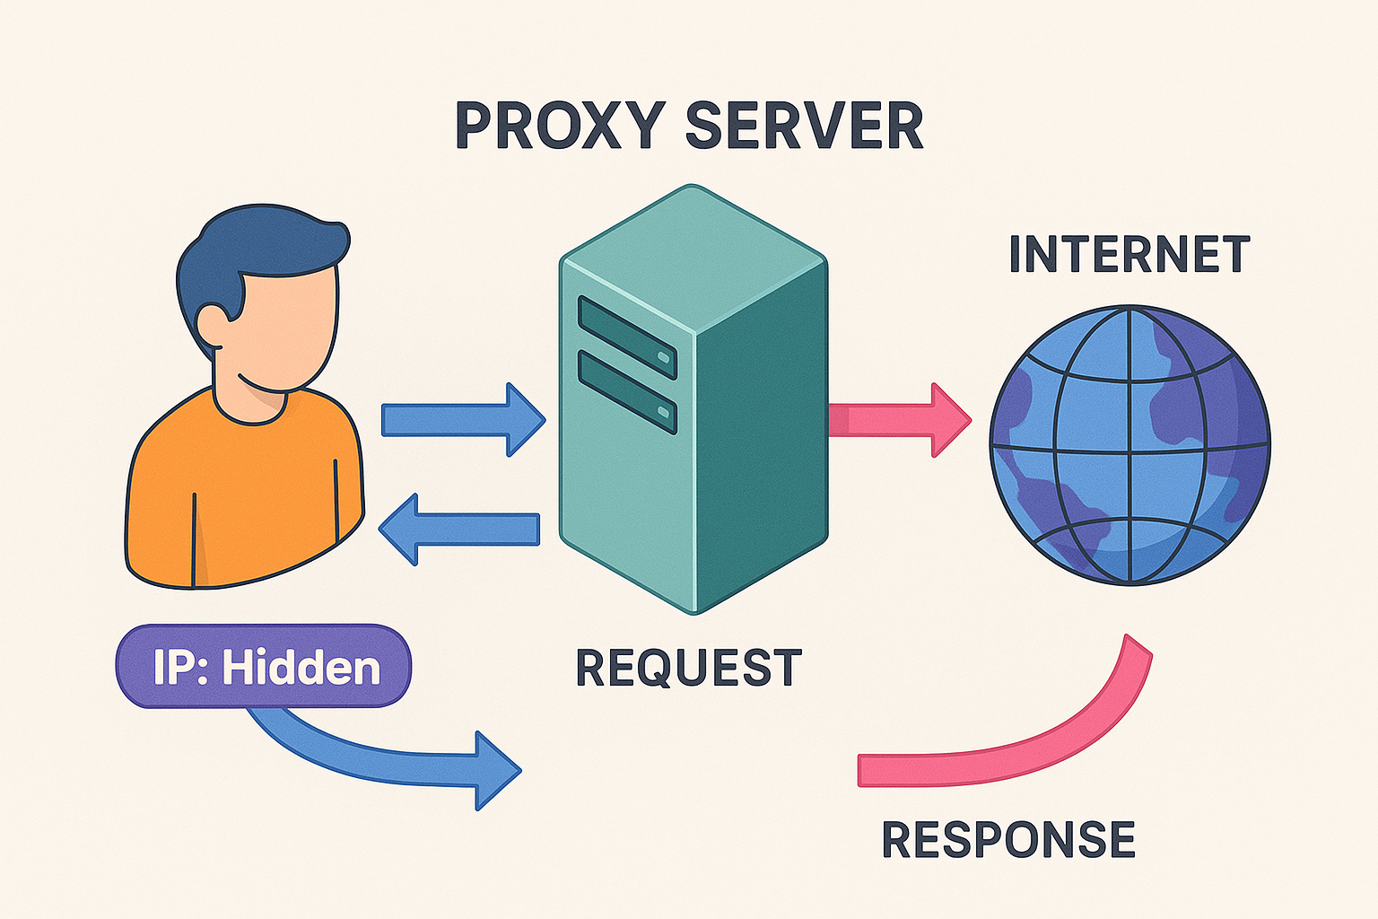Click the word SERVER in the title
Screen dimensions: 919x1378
pyautogui.click(x=804, y=126)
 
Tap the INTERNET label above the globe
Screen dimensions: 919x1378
pyautogui.click(x=1129, y=254)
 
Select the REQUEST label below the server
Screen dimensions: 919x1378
pyautogui.click(x=688, y=669)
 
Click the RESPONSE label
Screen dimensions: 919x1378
pyautogui.click(x=1008, y=840)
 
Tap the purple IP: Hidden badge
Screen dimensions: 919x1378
pyautogui.click(x=263, y=667)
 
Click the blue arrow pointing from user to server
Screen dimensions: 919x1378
pyautogui.click(x=462, y=419)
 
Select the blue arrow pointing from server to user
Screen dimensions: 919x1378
pyautogui.click(x=459, y=529)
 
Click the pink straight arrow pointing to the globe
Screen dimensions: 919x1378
pyautogui.click(x=897, y=419)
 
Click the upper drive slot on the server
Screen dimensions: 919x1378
pyautogui.click(x=627, y=337)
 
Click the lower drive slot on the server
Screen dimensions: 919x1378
pyautogui.click(x=627, y=392)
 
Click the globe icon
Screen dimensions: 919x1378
pyautogui.click(x=1129, y=445)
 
